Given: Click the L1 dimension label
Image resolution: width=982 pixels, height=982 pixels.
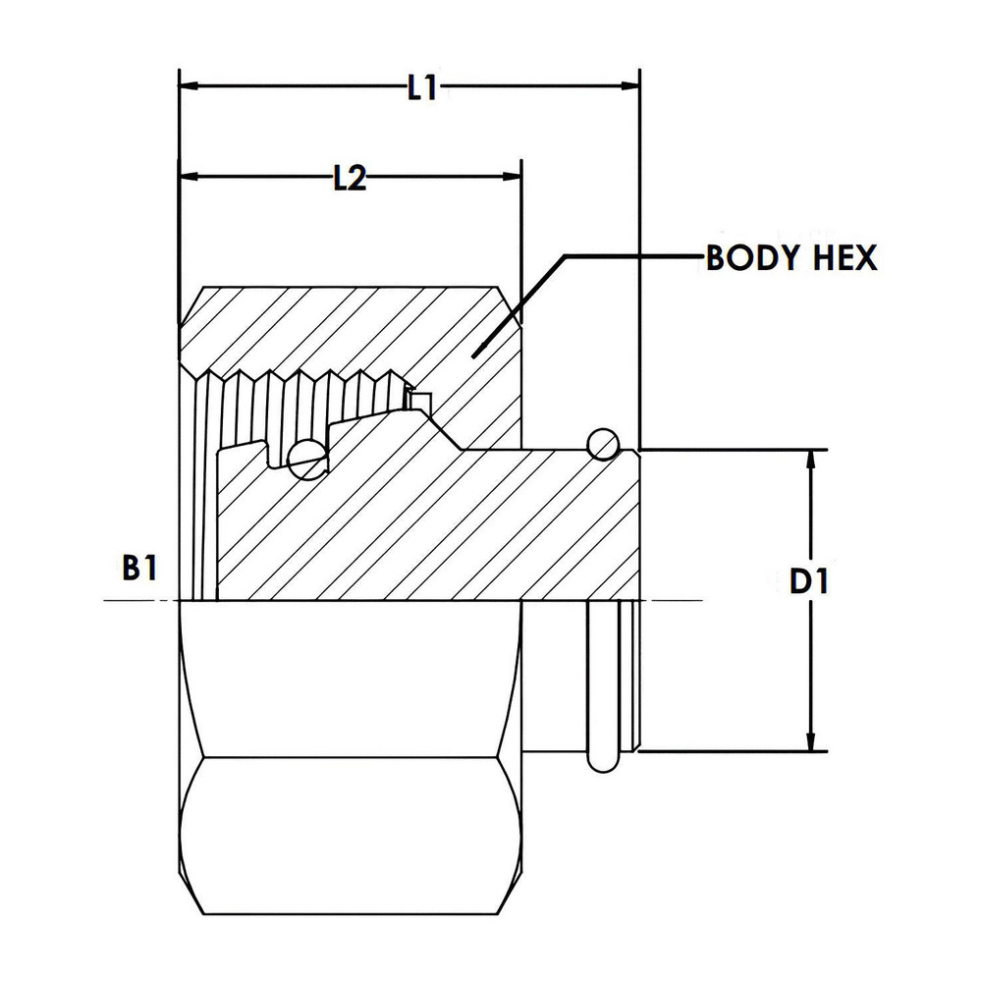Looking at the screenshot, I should tap(422, 88).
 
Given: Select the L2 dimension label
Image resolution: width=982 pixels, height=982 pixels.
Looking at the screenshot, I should tap(349, 179).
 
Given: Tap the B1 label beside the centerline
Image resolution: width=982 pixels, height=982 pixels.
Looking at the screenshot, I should tap(138, 569).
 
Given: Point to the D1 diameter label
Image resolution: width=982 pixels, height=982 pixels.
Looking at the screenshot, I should tap(810, 582).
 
